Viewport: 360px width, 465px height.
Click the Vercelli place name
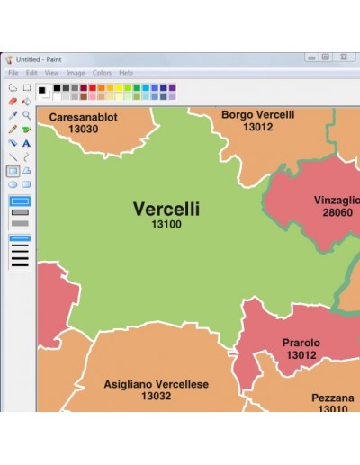point(166,209)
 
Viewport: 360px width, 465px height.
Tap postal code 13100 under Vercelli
point(166,224)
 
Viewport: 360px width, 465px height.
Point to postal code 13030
point(83,129)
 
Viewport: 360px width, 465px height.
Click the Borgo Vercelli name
point(257,115)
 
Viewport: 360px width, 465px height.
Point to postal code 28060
point(338,212)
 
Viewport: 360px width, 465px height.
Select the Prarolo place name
point(301,343)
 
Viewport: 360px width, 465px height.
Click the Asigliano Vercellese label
point(156,384)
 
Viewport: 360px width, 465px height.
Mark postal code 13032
point(156,396)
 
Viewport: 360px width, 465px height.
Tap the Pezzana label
point(333,398)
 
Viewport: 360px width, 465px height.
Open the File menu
point(13,72)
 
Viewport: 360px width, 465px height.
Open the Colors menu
point(102,72)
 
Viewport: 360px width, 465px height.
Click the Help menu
point(126,72)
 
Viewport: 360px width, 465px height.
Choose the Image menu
point(76,72)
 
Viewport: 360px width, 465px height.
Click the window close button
point(342,57)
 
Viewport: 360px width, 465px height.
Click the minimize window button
point(310,57)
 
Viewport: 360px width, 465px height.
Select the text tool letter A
point(27,142)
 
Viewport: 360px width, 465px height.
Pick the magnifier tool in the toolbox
point(27,115)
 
